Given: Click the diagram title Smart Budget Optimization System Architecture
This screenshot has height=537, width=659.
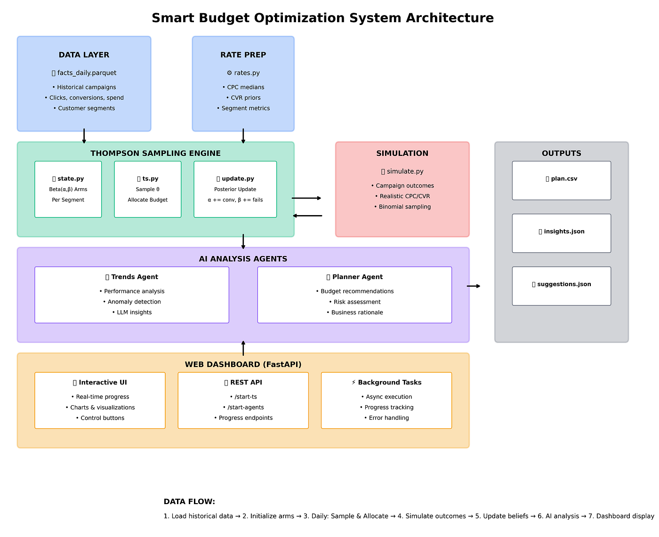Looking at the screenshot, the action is tap(322, 18).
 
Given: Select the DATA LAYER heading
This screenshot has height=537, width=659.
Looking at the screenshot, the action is tap(84, 55).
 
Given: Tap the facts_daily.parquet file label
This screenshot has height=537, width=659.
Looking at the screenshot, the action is tap(84, 72).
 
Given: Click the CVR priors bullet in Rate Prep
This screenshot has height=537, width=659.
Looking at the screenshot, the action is tap(243, 98).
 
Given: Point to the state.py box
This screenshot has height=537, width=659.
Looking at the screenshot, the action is tap(68, 189).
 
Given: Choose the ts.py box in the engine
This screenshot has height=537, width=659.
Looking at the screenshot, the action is tap(148, 189).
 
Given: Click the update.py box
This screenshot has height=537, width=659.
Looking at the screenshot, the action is tap(235, 189).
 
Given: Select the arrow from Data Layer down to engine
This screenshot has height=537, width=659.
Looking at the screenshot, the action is tap(84, 136).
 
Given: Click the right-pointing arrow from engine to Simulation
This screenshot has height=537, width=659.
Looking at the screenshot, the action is tap(306, 198).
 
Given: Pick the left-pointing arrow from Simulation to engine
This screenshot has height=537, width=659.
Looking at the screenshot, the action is tap(307, 216).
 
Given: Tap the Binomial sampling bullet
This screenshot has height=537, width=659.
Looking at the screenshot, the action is tap(402, 207).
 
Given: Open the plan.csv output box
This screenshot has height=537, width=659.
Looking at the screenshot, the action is tap(561, 181).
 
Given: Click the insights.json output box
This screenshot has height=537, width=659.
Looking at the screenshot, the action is tap(561, 233).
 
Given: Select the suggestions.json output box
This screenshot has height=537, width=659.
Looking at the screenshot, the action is tap(561, 286).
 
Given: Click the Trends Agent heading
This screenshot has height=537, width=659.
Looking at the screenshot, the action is tap(131, 277).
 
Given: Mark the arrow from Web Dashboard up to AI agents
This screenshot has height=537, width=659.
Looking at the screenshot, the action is tap(243, 348).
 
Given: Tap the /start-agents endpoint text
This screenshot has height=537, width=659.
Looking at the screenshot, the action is tap(243, 408).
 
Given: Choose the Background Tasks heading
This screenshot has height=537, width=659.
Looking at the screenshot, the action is tap(386, 382).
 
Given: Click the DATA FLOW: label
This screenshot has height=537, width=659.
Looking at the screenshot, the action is tap(189, 501).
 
